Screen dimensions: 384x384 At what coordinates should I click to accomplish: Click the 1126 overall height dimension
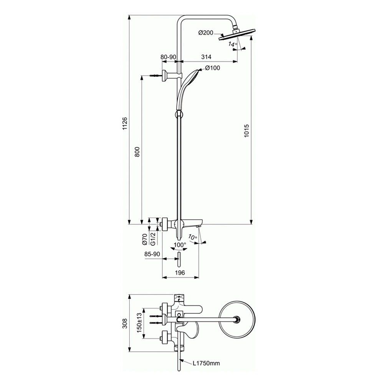[125, 123]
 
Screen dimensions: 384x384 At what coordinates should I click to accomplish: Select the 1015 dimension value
[247, 131]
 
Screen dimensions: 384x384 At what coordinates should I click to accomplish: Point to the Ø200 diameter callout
[206, 33]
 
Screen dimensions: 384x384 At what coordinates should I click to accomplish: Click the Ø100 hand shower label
[213, 68]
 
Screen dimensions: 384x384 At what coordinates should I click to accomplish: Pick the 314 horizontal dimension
[206, 57]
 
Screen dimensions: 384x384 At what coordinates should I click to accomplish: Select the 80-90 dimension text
[168, 57]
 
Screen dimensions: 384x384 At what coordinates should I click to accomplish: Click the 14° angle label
[233, 44]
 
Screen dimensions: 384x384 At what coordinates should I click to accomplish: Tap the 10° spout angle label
[193, 237]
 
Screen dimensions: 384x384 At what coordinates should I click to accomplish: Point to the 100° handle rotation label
[180, 245]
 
